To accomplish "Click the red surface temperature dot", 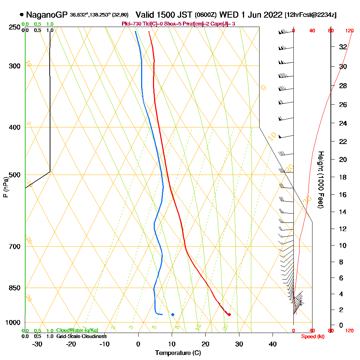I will (x=229, y=315).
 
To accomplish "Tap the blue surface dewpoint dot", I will (x=173, y=315).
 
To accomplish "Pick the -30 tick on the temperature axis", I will (x=37, y=344).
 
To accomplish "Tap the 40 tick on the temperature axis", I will (x=273, y=344).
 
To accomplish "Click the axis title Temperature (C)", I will (x=178, y=353).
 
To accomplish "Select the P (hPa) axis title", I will (x=5, y=187).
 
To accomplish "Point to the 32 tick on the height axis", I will (x=343, y=47).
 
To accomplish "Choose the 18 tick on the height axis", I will (x=343, y=177).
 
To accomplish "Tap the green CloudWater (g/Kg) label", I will (x=77, y=330).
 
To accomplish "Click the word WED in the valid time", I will (x=227, y=15).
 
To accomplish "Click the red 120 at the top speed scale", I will (x=349, y=31).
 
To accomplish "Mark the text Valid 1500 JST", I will (x=164, y=15).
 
